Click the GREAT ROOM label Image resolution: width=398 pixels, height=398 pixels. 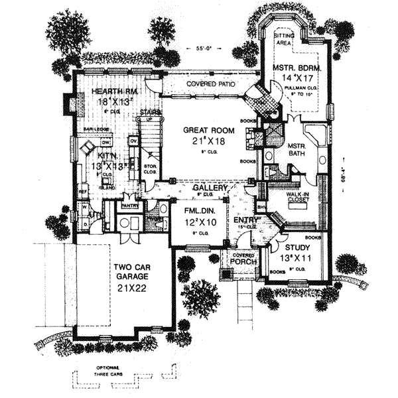[x=206, y=131]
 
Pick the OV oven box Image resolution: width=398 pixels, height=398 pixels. [x=133, y=140]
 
